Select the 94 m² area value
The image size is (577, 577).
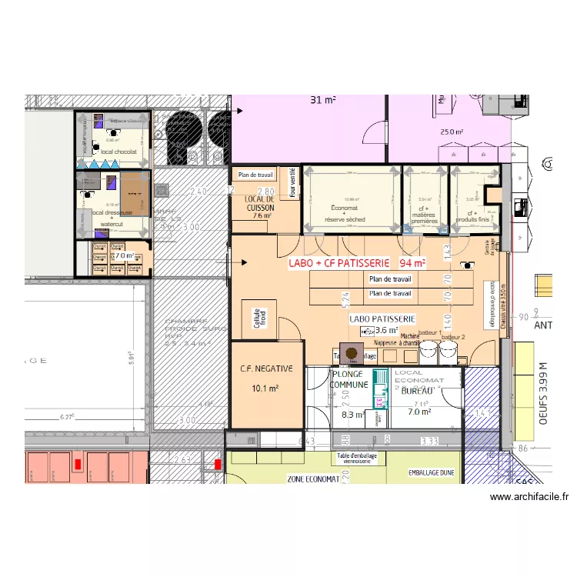(x=412, y=263)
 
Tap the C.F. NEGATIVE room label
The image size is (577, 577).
(x=265, y=369)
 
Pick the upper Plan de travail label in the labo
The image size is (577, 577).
(x=390, y=280)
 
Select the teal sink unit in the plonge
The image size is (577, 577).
(x=379, y=389)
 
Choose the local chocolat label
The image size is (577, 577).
(x=118, y=152)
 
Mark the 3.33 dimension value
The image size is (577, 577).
(x=429, y=441)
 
